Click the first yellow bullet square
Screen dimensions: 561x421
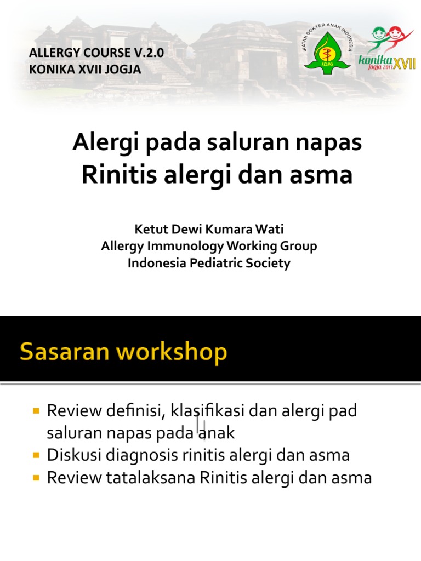point(37,410)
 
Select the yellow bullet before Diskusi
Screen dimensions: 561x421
point(37,455)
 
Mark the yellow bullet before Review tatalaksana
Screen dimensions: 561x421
point(37,478)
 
